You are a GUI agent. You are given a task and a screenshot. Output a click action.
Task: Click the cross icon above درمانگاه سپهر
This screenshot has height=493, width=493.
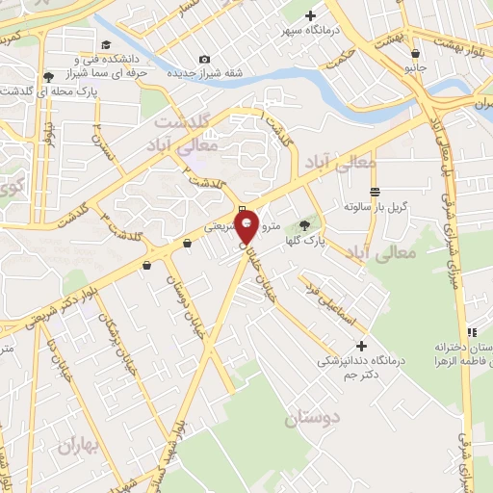(x=310, y=15)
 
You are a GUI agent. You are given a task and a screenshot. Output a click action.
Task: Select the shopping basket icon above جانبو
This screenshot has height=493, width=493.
(x=415, y=54)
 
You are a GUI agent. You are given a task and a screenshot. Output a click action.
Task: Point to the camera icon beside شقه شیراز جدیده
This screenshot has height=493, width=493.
(x=202, y=58)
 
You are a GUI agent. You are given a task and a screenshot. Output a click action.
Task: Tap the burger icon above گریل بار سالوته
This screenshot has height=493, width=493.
(x=375, y=192)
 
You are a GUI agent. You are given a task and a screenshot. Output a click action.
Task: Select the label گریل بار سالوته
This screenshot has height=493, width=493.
(x=376, y=207)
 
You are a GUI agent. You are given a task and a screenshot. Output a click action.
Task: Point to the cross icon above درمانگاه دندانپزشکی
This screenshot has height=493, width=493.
(x=361, y=346)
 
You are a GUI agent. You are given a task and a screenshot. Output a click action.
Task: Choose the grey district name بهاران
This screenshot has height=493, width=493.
(x=78, y=446)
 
